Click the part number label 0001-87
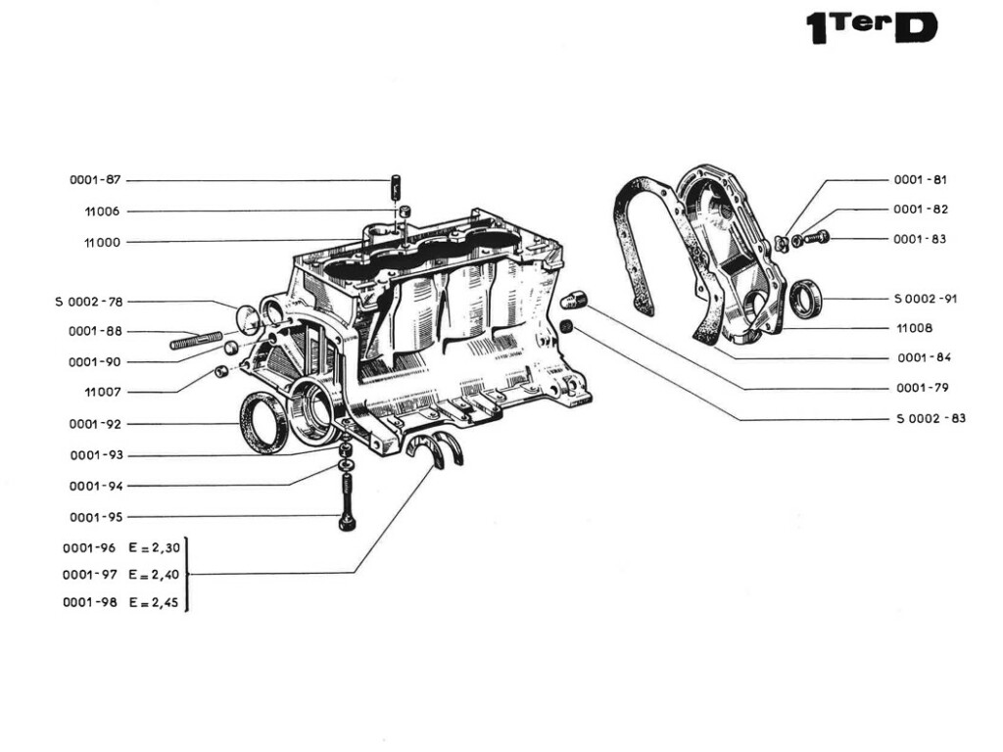pyautogui.click(x=95, y=180)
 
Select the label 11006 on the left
pyautogui.click(x=102, y=211)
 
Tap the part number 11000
pyautogui.click(x=102, y=242)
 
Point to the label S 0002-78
pyautogui.click(x=88, y=302)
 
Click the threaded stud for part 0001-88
pyautogui.click(x=196, y=342)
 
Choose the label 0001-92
pyautogui.click(x=95, y=424)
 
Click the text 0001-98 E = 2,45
pyautogui.click(x=121, y=602)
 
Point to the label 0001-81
pyautogui.click(x=920, y=180)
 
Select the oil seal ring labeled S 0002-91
pyautogui.click(x=807, y=298)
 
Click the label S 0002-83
pyautogui.click(x=931, y=419)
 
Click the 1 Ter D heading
pyautogui.click(x=870, y=27)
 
